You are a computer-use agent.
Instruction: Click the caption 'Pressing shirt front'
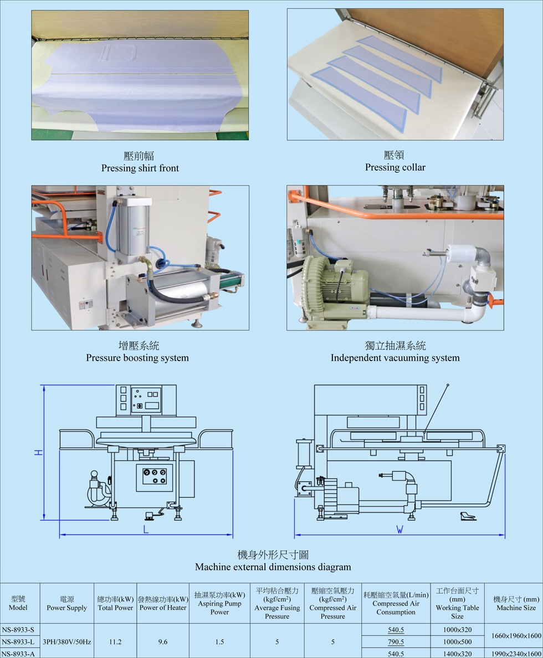[x=140, y=168]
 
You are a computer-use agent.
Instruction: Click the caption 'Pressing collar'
[x=395, y=167]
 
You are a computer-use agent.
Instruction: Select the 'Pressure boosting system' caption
[x=137, y=358]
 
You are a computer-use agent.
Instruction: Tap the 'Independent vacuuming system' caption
[x=395, y=358]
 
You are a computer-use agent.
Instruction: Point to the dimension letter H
[x=38, y=452]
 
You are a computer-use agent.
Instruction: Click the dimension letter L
[x=146, y=530]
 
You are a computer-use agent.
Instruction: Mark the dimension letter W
[x=399, y=530]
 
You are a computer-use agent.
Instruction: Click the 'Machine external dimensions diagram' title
[x=273, y=567]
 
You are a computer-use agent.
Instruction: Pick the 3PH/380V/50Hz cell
[x=66, y=642]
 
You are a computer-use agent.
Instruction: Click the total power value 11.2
[x=115, y=642]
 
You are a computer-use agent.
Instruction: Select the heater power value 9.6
[x=162, y=642]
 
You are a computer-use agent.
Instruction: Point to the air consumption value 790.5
[x=396, y=642]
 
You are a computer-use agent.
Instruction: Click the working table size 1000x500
[x=457, y=642]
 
